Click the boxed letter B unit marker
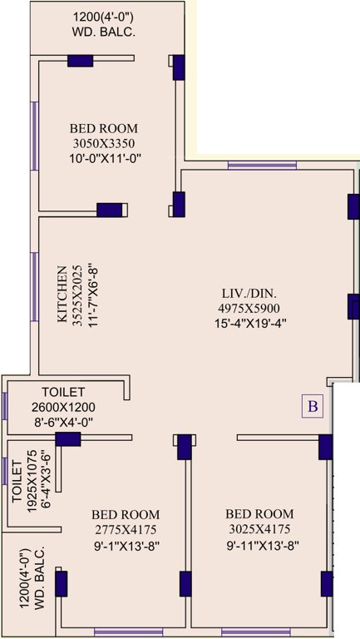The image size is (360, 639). point(313,406)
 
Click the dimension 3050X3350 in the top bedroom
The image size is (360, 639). point(103,143)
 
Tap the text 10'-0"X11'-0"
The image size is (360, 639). point(103,158)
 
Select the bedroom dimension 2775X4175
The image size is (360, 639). point(126,529)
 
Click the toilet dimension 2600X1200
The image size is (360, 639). point(63,407)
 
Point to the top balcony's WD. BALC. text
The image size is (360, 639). point(103,32)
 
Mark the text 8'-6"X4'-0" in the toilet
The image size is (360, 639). point(63,422)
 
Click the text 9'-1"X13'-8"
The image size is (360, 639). point(126,545)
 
